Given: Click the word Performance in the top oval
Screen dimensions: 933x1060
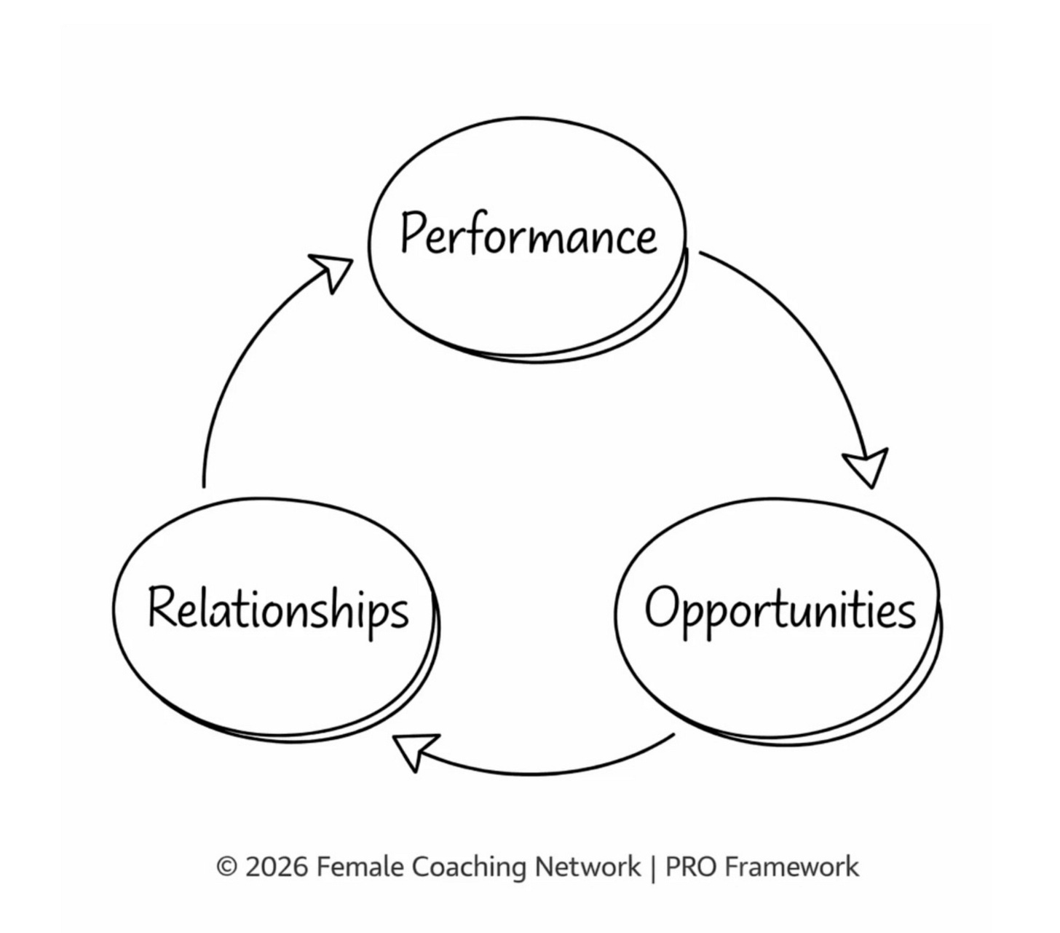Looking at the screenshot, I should coord(529,235).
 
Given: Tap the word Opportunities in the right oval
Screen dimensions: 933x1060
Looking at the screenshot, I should coord(780,609).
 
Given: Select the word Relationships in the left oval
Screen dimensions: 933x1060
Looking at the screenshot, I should coord(278,609).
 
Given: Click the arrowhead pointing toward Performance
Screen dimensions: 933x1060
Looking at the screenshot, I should coord(331,270).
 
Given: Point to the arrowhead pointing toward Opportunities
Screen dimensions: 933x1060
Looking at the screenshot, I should coord(867,466).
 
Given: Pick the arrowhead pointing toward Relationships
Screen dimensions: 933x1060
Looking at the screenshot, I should coord(414,750).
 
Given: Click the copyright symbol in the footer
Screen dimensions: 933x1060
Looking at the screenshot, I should coord(227,867).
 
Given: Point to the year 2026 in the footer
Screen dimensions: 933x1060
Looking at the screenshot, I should coord(277,867).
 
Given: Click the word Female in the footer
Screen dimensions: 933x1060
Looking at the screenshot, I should coord(360,867).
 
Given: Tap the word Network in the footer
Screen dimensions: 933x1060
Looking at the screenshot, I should coord(588,867).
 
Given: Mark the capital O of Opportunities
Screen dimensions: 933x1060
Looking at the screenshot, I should coord(662,607).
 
